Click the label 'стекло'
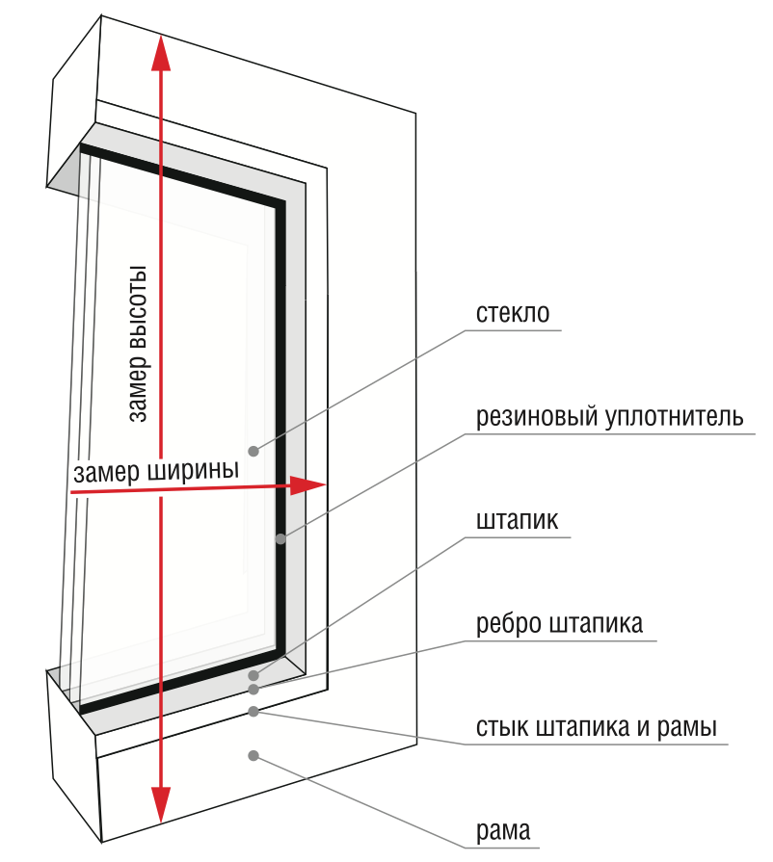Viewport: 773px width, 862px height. click(x=513, y=315)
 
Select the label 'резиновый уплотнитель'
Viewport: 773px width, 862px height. click(x=609, y=418)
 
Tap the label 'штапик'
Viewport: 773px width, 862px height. click(x=518, y=521)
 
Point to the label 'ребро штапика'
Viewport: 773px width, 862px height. click(x=559, y=624)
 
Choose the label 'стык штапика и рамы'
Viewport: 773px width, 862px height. click(x=597, y=727)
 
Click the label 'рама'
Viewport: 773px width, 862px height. click(x=503, y=830)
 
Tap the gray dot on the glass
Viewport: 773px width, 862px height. click(x=253, y=450)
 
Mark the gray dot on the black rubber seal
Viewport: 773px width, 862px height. click(x=280, y=538)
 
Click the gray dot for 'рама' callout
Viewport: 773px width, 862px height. click(x=253, y=755)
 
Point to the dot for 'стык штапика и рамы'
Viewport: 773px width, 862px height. click(x=253, y=712)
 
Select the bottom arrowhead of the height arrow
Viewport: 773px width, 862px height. click(x=161, y=802)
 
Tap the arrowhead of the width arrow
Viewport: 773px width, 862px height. click(x=310, y=484)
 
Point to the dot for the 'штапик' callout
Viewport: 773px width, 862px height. click(x=253, y=675)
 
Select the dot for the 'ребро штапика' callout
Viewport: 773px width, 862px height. click(x=253, y=689)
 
